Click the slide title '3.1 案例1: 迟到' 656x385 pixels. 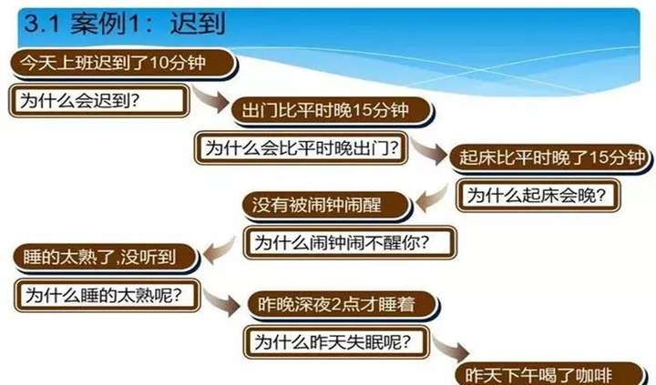pyautogui.click(x=125, y=24)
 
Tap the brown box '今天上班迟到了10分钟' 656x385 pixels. pyautogui.click(x=122, y=63)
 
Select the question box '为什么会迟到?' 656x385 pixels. pyautogui.click(x=99, y=101)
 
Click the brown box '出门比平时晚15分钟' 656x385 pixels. pyautogui.click(x=332, y=111)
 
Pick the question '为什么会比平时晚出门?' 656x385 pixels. pyautogui.click(x=301, y=148)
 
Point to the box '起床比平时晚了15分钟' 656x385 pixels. pyautogui.click(x=550, y=158)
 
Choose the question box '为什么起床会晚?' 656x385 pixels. pyautogui.click(x=538, y=195)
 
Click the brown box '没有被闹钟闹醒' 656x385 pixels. pyautogui.click(x=326, y=206)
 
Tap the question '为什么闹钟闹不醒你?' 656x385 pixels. pyautogui.click(x=350, y=242)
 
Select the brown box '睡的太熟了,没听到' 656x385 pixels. pyautogui.click(x=106, y=257)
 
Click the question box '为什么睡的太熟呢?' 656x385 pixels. pyautogui.click(x=108, y=295)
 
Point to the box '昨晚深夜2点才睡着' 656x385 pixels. pyautogui.click(x=343, y=304)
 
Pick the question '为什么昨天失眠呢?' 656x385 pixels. pyautogui.click(x=336, y=342)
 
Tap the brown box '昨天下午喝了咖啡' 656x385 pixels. pyautogui.click(x=549, y=374)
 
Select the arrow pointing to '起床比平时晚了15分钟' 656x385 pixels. pyautogui.click(x=429, y=152)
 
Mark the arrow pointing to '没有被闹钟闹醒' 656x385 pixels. pyautogui.click(x=431, y=199)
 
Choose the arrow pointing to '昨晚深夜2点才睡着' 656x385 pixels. pyautogui.click(x=221, y=302)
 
